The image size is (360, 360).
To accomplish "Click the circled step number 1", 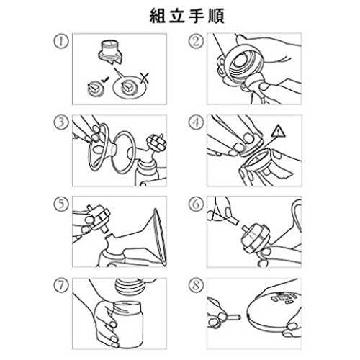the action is point(60,41).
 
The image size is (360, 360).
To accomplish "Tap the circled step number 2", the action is point(196,41).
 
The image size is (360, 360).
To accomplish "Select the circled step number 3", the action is point(60,122).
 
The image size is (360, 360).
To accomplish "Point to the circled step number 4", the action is point(196,122).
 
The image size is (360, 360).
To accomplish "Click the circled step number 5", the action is point(60,204).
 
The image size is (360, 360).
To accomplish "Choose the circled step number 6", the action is point(196,204).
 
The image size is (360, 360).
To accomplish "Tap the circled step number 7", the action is point(60,286).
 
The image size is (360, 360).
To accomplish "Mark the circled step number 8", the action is point(196,286).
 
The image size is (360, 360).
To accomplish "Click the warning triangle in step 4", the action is point(278,132).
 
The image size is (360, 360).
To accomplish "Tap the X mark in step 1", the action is point(145,78).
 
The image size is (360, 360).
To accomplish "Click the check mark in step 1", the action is point(104,80).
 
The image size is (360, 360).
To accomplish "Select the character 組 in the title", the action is point(158,16).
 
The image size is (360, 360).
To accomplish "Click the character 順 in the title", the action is point(216,16).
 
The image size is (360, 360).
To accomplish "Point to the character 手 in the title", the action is point(197,16).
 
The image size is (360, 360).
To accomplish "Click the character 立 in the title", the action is point(177,16).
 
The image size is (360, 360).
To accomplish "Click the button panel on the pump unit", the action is point(285,298).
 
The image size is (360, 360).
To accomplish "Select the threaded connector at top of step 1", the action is point(111,53).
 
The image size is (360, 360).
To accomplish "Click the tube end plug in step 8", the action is point(233,318).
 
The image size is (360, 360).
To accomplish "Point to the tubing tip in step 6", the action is point(233,220).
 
